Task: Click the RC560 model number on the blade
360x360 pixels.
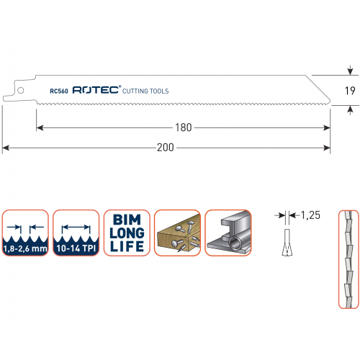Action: coord(59,91)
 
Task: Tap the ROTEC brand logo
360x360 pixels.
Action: coord(96,90)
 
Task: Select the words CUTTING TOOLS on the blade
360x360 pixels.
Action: coord(145,91)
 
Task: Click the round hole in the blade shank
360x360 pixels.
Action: coord(21,90)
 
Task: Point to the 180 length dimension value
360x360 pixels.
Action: coord(184,127)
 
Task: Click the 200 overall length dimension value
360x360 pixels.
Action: coord(166,148)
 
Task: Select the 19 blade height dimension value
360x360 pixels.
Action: coord(350,91)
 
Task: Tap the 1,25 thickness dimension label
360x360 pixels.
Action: coord(310,215)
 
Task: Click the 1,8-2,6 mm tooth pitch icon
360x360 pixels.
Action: coord(25,233)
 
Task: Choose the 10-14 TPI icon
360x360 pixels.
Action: coord(76,233)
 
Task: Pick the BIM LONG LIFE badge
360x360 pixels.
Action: coord(127,233)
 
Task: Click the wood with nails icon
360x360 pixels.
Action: coord(177,233)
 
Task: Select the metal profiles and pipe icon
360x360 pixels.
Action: coord(228,233)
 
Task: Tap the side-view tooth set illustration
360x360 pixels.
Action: coord(348,259)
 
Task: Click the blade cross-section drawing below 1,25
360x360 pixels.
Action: coord(287,243)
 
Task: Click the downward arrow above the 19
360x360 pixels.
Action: coord(350,71)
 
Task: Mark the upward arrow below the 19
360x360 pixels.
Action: coord(350,110)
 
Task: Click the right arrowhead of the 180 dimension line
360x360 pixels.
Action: coord(327,127)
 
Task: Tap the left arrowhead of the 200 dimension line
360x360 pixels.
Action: coord(6,148)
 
